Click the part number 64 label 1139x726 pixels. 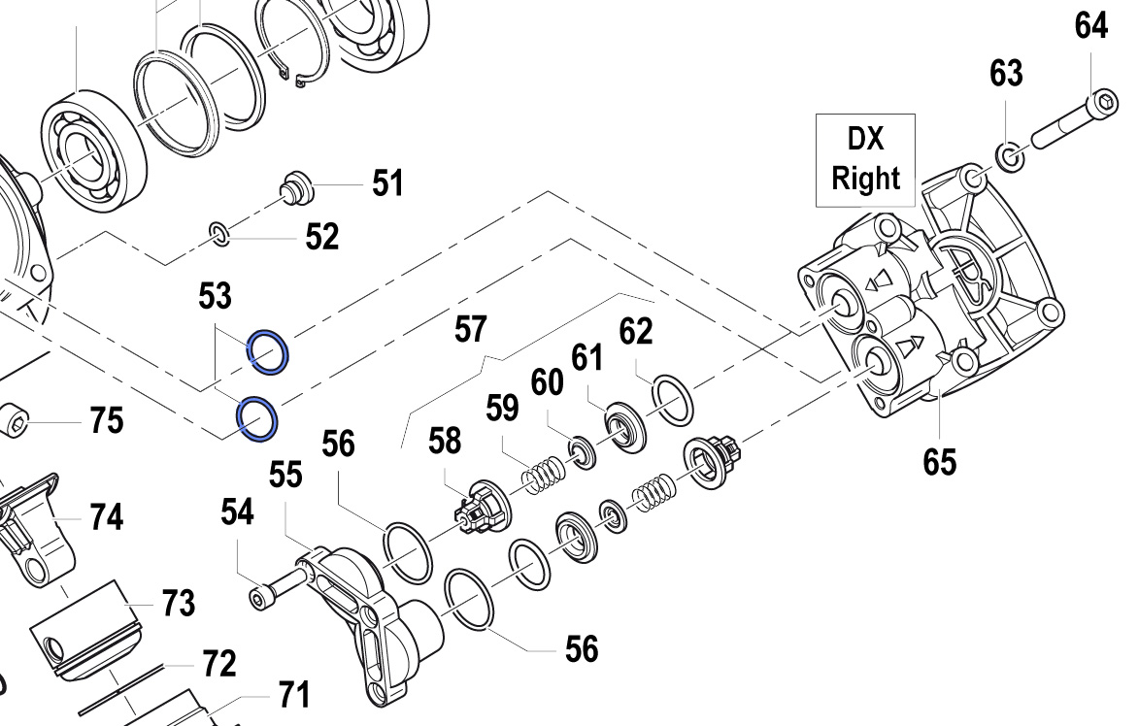(1090, 26)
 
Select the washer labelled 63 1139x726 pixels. (1009, 154)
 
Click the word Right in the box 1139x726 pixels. (865, 179)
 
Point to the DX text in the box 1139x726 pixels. (865, 140)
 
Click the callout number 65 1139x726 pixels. (939, 461)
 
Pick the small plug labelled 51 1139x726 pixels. (295, 184)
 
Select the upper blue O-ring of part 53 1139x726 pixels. (267, 350)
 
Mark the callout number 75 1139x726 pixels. (107, 421)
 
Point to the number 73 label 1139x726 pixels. (178, 603)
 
